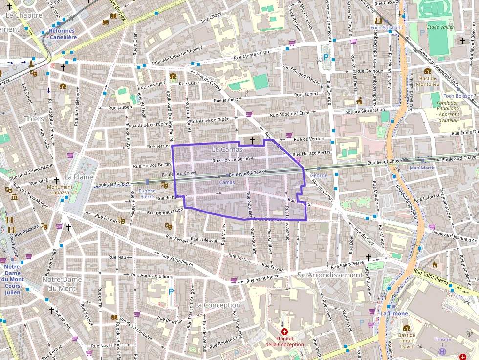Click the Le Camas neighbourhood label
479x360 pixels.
click(x=227, y=149)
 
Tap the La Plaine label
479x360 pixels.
click(x=76, y=177)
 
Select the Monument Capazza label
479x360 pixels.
click(x=60, y=189)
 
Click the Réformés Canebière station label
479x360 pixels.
click(x=63, y=34)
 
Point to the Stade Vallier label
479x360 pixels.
click(x=440, y=27)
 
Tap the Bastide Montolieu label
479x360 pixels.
click(x=428, y=81)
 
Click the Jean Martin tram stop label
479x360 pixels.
click(x=422, y=168)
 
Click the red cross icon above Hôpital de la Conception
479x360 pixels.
click(x=284, y=332)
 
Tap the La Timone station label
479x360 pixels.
click(x=391, y=313)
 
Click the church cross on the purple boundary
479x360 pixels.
click(x=253, y=141)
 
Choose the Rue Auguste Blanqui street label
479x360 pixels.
click(x=153, y=276)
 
